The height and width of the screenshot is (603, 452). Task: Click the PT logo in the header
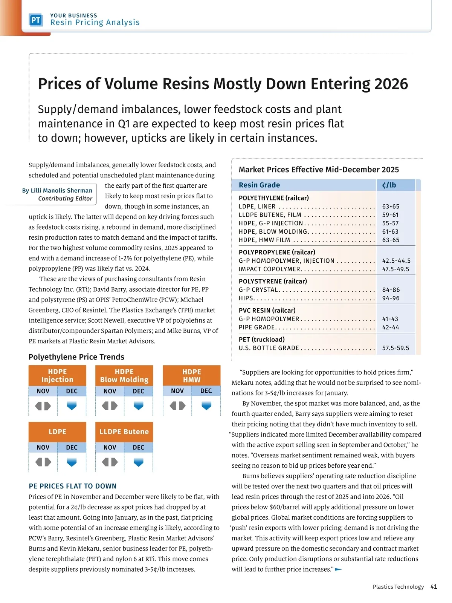tap(36, 20)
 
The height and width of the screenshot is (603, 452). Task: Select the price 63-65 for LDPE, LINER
tap(391, 207)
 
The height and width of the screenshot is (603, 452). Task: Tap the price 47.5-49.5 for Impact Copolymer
tap(395, 269)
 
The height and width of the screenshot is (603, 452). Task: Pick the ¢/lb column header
tap(389, 185)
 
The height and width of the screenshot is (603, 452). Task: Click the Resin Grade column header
tap(259, 185)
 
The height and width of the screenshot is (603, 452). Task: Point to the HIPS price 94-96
tap(391, 298)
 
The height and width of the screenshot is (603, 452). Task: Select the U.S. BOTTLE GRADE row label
tap(269, 348)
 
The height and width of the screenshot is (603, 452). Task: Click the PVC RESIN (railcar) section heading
tap(267, 310)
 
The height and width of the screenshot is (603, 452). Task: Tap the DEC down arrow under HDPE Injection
tap(72, 406)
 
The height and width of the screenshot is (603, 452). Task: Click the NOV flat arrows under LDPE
tap(43, 462)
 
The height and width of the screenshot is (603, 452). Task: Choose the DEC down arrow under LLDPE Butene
tap(139, 462)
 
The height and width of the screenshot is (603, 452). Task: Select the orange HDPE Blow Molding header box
tap(124, 375)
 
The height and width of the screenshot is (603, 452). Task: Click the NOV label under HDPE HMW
tap(177, 391)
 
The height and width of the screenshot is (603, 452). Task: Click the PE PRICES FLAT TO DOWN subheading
tap(73, 486)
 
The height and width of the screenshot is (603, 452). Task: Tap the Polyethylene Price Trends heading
tap(76, 357)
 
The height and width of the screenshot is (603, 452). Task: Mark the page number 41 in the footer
tap(434, 587)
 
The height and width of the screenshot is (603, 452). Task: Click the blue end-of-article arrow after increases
tap(338, 569)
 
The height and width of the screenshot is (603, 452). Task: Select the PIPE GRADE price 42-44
tap(391, 327)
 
